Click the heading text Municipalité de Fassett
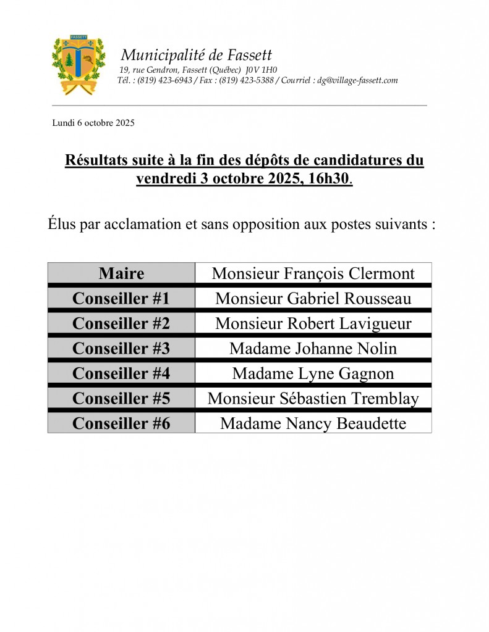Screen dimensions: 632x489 pos(196,55)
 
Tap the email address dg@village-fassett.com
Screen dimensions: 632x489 pos(357,80)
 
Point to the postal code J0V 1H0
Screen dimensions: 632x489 pos(261,70)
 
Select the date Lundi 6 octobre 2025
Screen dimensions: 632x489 pos(93,123)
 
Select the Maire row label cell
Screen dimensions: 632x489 pos(121,273)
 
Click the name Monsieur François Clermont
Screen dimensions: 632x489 pos(313,273)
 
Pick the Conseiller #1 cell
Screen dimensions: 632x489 pos(121,298)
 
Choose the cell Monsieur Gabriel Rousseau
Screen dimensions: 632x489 pos(313,298)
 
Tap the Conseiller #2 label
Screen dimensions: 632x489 pos(121,323)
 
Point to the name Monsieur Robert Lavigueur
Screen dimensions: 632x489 pos(313,323)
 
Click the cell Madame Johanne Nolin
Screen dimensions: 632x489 pos(313,348)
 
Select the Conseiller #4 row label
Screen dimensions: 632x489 pos(121,373)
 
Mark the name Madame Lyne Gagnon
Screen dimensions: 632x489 pos(313,373)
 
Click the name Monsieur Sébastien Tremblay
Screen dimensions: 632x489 pos(313,399)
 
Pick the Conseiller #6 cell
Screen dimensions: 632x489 pos(121,423)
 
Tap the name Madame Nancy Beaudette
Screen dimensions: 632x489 pos(313,423)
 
